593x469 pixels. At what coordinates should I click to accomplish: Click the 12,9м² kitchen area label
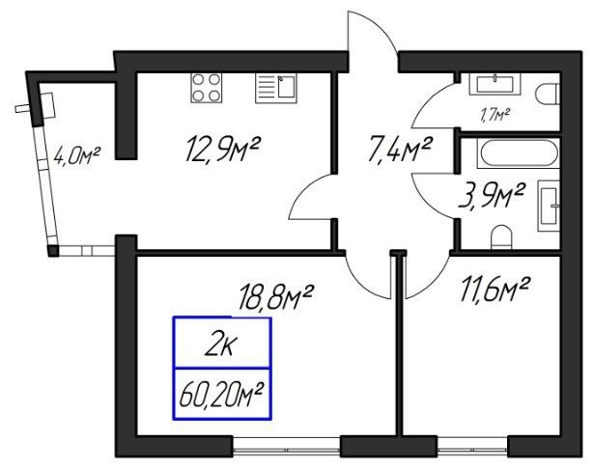tap(222, 150)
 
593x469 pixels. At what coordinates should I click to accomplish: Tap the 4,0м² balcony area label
tap(76, 156)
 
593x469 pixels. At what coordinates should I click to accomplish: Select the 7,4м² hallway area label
tap(400, 150)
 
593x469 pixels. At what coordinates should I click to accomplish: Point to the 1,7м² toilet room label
tap(495, 115)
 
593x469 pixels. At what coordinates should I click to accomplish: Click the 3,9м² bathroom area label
tap(492, 195)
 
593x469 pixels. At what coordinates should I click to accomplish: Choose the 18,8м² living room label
tap(275, 297)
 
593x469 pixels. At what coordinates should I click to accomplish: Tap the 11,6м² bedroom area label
tap(494, 290)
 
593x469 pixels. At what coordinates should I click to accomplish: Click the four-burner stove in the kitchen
tap(206, 88)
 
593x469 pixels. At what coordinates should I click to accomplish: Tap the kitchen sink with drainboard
tap(276, 88)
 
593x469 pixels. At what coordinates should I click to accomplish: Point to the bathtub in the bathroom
tap(518, 153)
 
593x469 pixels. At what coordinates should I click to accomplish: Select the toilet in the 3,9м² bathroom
tap(501, 237)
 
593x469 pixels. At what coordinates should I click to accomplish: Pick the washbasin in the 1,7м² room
tap(494, 84)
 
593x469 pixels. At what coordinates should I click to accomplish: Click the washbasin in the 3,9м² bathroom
tap(549, 206)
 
